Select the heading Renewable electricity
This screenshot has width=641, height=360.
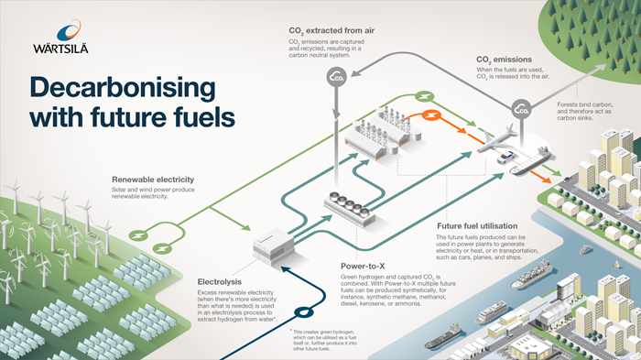click(x=156, y=179)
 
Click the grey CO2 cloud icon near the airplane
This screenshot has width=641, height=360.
click(x=521, y=110)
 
